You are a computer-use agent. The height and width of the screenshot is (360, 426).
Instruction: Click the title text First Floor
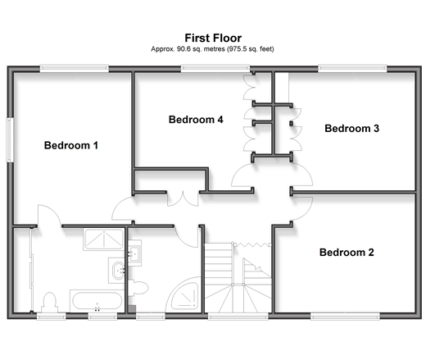point(213,38)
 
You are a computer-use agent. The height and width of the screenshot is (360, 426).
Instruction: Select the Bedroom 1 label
point(71,145)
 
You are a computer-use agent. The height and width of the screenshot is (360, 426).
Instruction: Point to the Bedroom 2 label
point(347,253)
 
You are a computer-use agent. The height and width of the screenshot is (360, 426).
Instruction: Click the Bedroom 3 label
point(351,129)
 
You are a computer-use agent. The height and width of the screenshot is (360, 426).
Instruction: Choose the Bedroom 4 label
point(196,120)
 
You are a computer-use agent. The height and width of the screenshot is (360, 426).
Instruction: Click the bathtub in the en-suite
point(97,301)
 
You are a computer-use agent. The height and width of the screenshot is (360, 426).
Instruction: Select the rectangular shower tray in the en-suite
point(103,239)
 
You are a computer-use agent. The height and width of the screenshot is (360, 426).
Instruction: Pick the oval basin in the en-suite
point(118,271)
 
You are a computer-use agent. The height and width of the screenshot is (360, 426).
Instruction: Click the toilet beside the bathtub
point(50,302)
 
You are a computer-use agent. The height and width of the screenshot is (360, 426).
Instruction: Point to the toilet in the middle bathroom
point(138,288)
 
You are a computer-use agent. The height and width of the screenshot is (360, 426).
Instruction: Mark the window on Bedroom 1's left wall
point(10,139)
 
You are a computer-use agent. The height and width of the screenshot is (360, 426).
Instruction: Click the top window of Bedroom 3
point(352,68)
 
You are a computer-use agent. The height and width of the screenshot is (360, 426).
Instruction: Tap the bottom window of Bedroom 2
point(345,317)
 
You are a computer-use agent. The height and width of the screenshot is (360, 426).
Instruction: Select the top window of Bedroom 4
point(215,68)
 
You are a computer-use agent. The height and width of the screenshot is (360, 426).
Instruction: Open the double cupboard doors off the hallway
point(183,199)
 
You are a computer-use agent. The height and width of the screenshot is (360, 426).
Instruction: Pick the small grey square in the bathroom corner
point(132,309)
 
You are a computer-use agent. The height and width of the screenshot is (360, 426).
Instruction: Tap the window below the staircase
point(238,317)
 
